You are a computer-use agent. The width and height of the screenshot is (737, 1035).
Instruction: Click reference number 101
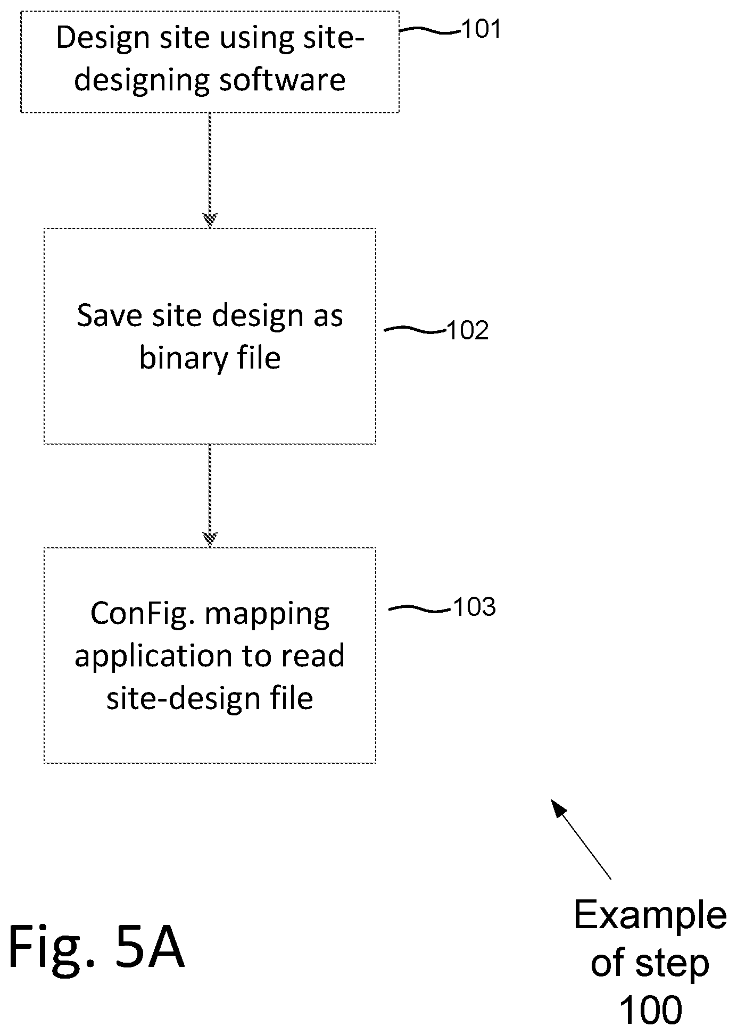coord(481,29)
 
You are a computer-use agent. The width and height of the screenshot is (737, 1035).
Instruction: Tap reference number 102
coord(468,330)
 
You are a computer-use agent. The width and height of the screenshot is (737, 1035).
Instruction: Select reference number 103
coord(475,606)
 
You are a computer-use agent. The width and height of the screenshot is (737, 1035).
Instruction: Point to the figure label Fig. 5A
coord(96,948)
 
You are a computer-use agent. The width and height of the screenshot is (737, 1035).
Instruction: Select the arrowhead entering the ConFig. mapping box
coord(210,539)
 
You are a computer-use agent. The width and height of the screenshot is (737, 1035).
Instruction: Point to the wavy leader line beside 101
coord(429,31)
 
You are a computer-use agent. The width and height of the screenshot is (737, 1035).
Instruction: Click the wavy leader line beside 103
coord(420,608)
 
